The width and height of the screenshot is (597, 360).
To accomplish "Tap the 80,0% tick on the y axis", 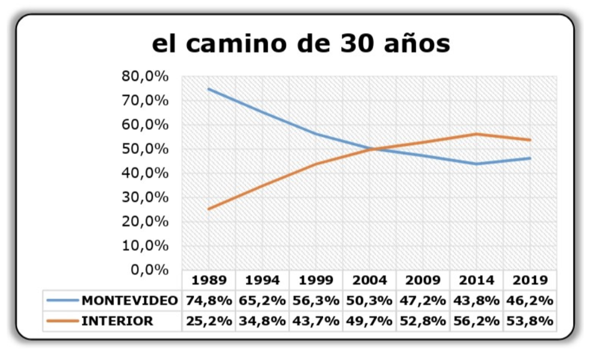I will pyautogui.click(x=144, y=76).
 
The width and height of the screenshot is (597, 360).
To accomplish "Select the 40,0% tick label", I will pyautogui.click(x=144, y=173).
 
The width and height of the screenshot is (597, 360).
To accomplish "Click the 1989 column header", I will pyautogui.click(x=209, y=280).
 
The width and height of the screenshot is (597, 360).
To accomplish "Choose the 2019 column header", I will pyautogui.click(x=531, y=280).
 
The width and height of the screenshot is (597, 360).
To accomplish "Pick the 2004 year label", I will pyautogui.click(x=370, y=280).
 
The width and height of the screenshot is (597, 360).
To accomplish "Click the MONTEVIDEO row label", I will pyautogui.click(x=130, y=300).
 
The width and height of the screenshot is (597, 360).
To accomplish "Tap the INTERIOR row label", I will pyautogui.click(x=117, y=321).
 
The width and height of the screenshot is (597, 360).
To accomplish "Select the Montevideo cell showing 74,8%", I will pyautogui.click(x=209, y=300).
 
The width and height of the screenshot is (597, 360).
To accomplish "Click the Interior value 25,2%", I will pyautogui.click(x=209, y=321).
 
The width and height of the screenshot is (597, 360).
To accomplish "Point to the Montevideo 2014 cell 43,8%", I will pyautogui.click(x=477, y=300).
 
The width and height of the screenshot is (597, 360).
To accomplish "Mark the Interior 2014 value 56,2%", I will pyautogui.click(x=477, y=321).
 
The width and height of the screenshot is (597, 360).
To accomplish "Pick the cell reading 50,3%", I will pyautogui.click(x=370, y=300).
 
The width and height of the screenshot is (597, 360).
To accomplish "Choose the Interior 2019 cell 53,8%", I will pyautogui.click(x=531, y=321).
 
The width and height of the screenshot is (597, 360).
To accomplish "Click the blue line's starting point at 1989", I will pyautogui.click(x=208, y=89).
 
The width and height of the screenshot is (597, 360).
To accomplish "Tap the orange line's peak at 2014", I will pyautogui.click(x=476, y=134).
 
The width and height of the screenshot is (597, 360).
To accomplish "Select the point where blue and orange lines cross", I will pyautogui.click(x=373, y=149).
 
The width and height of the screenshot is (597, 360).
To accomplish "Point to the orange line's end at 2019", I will pyautogui.click(x=530, y=140).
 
